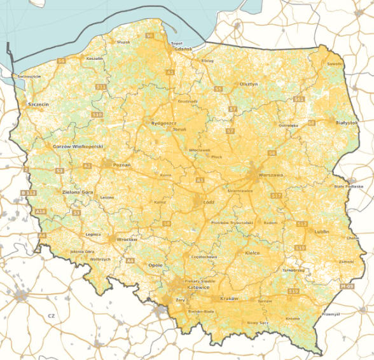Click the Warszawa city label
pyautogui.click(x=270, y=174)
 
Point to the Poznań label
pyautogui.click(x=121, y=165)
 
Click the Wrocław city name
pyautogui.click(x=123, y=239)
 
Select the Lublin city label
pyautogui.click(x=321, y=232)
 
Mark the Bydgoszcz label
pyautogui.click(x=163, y=122)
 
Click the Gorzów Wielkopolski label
pyautogui.click(x=78, y=146)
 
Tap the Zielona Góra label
pyautogui.click(x=78, y=191)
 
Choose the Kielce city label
pyautogui.click(x=253, y=253)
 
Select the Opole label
pyautogui.click(x=155, y=265)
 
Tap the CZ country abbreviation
pyautogui.click(x=52, y=315)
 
